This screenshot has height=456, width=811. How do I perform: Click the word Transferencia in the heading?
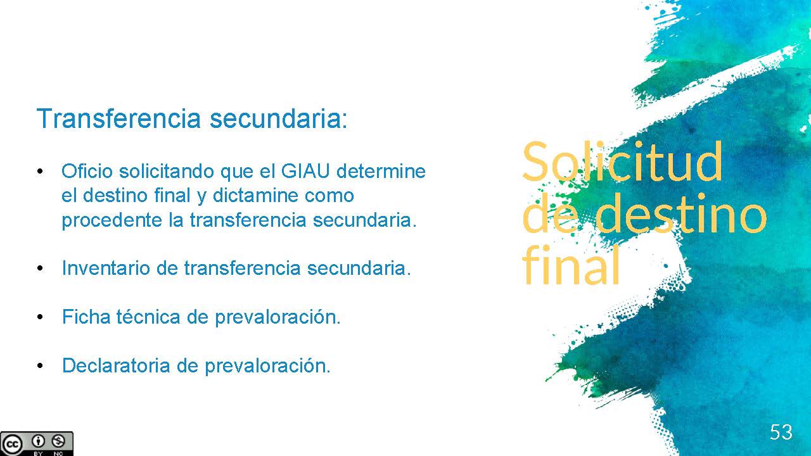(x=118, y=118)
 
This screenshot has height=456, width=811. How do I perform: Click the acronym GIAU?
(x=305, y=171)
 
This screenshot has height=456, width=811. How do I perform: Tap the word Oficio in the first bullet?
(x=87, y=171)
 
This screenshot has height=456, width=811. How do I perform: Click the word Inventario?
(x=106, y=268)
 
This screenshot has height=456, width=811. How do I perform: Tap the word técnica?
(x=148, y=317)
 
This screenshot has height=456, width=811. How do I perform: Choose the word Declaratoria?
(x=116, y=365)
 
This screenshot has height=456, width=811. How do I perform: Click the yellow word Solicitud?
(x=622, y=161)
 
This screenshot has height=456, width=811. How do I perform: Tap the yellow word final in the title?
(x=572, y=265)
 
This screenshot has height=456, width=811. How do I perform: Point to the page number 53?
(x=781, y=432)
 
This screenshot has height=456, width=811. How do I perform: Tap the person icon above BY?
(x=38, y=441)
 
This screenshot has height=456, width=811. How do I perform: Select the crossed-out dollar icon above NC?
(x=58, y=441)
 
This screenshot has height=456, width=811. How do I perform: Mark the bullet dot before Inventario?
(x=40, y=269)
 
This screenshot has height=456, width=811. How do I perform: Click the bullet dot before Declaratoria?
(x=40, y=366)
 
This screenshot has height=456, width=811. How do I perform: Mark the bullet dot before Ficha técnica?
(x=40, y=317)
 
